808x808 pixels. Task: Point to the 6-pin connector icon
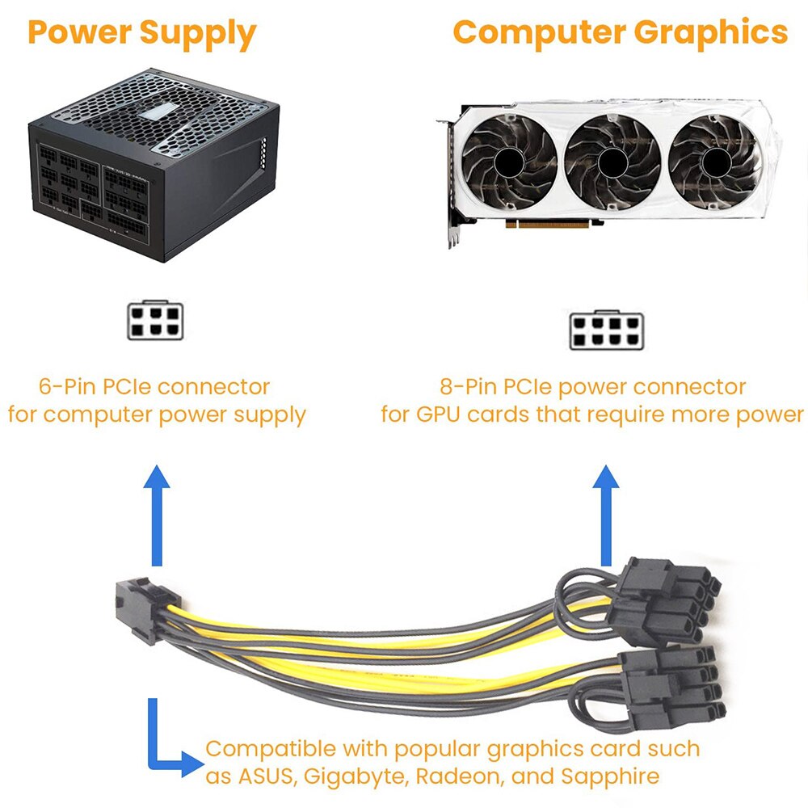click(155, 321)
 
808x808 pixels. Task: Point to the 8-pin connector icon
click(606, 330)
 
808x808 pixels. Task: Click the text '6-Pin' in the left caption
click(68, 387)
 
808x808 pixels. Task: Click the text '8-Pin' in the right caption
click(469, 387)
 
